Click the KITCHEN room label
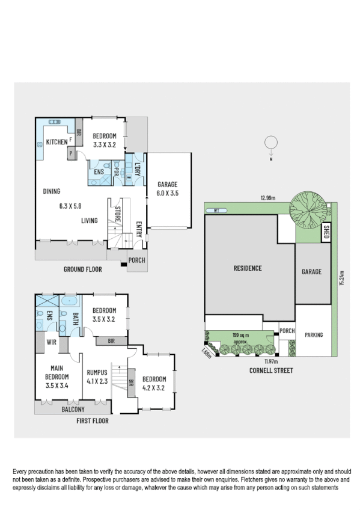point(56,142)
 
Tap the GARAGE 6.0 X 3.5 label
point(168,189)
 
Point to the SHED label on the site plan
point(326,232)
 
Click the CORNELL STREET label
point(270,370)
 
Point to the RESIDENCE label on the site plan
point(248,268)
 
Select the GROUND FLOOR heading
point(83,269)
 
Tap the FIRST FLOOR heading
point(93,421)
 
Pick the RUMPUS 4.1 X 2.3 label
point(96,376)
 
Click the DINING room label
point(52,191)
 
